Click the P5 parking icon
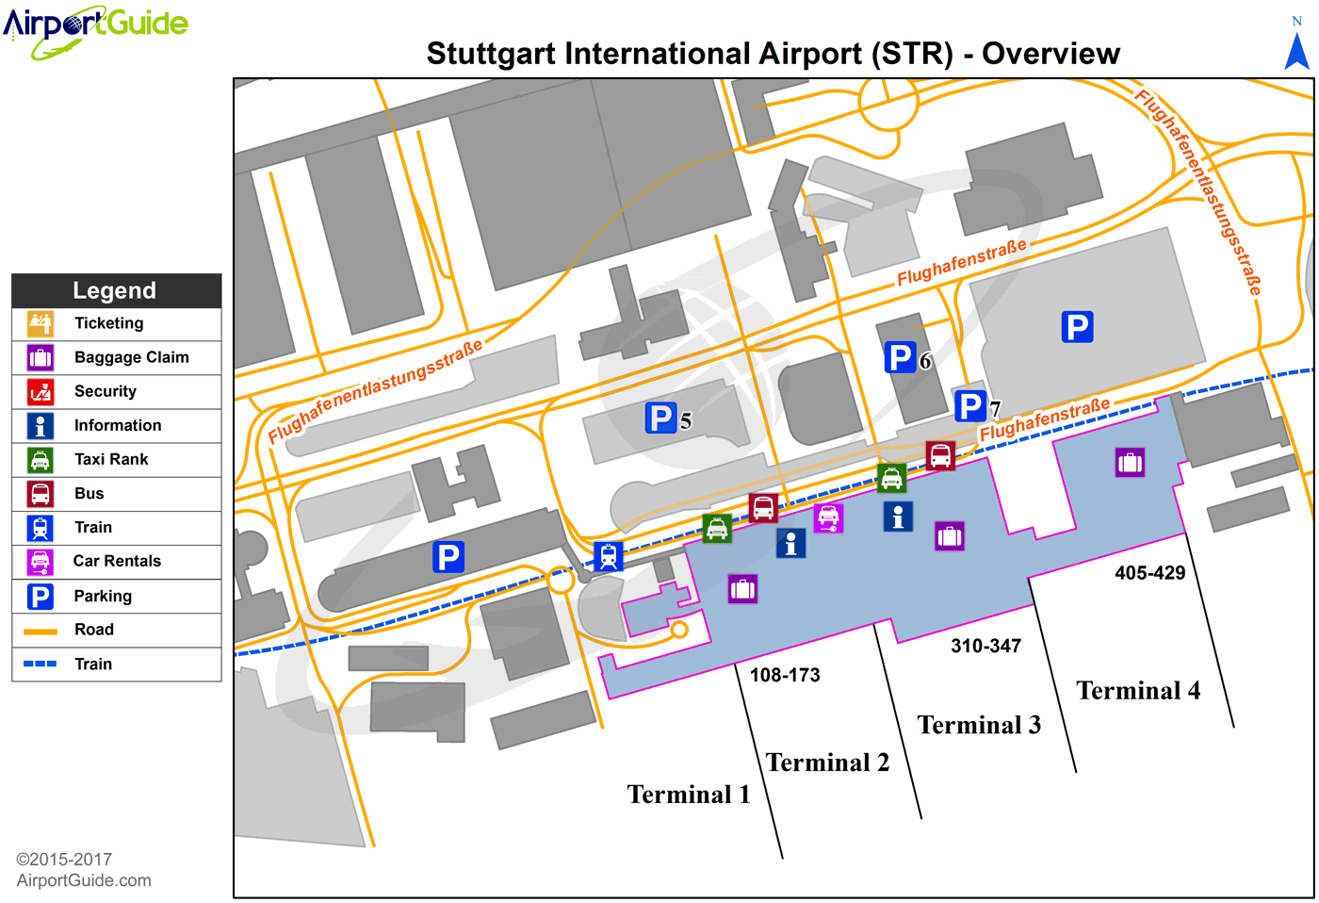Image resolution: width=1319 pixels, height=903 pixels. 660,418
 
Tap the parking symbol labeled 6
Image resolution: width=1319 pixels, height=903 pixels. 900,357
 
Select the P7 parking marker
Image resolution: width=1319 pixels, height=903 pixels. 969,406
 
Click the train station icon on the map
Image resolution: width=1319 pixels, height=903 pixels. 609,556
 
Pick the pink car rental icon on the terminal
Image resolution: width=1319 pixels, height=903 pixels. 829,517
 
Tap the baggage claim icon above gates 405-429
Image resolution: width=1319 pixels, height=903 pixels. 1130,462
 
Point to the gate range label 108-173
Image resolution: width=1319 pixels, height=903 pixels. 785,675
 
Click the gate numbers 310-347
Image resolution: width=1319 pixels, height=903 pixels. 985,646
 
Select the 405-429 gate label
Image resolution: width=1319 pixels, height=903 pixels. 1149,572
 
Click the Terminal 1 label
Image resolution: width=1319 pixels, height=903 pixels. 689,795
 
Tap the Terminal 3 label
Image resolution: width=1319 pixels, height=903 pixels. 979,725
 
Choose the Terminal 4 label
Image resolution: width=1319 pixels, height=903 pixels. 1138,691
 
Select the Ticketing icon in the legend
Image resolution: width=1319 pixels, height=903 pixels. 41,323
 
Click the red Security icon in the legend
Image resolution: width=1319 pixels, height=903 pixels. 41,391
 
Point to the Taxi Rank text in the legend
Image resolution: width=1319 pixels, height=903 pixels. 111,459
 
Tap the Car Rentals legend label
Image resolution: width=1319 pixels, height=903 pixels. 117,561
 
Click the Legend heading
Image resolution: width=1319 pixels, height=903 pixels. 115,290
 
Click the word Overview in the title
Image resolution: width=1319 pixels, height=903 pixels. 1050,54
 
